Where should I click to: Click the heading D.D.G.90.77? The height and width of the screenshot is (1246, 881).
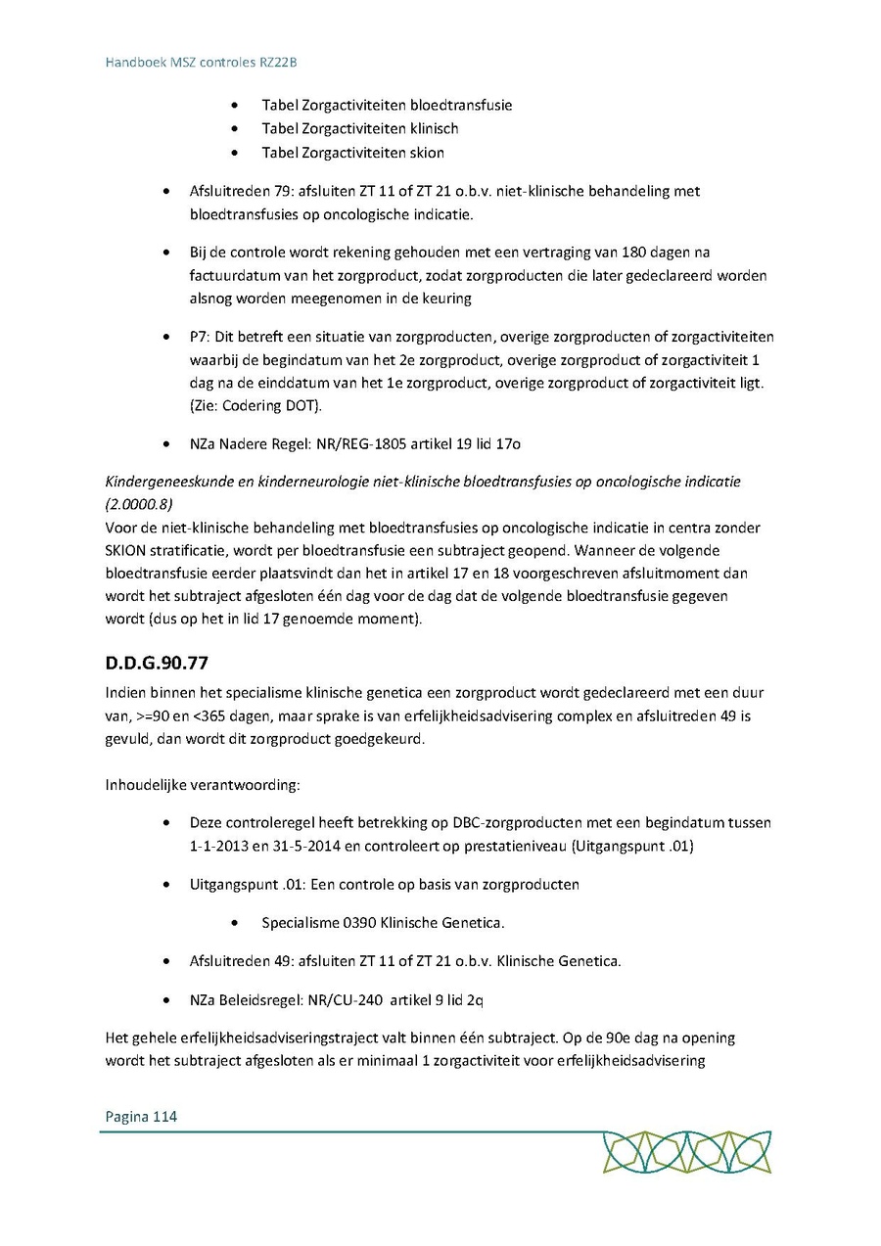coord(157,663)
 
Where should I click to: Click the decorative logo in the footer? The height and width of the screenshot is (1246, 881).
coord(686,1152)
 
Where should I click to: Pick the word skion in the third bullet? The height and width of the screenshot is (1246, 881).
coord(428,153)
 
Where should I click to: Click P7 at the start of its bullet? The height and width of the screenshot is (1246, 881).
coord(199,338)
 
